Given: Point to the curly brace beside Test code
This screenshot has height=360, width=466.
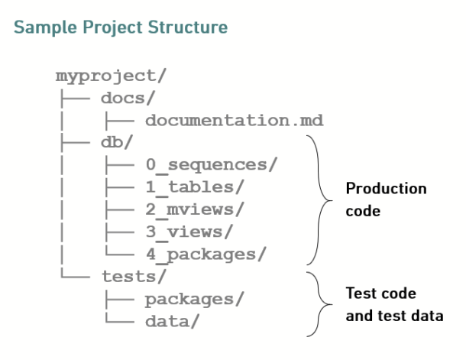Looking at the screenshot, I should click(319, 304).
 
